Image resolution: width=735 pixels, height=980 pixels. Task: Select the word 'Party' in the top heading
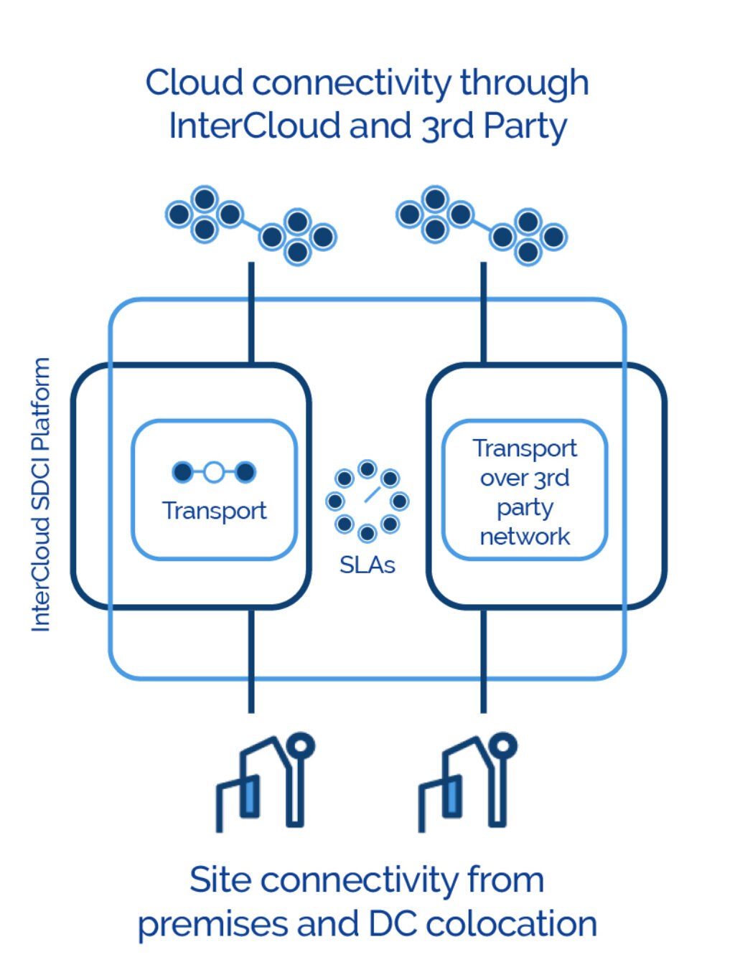525,126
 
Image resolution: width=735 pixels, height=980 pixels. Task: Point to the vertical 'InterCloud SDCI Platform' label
41,495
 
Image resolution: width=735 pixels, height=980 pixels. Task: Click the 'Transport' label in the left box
214,511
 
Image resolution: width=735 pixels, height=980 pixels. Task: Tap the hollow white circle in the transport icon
214,472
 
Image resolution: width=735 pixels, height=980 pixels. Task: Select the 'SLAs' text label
367,565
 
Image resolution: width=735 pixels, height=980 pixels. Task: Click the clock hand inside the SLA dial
371,494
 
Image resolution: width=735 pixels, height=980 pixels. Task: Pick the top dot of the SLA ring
367,469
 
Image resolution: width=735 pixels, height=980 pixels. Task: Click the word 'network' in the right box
525,537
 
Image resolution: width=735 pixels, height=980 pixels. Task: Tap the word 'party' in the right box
525,507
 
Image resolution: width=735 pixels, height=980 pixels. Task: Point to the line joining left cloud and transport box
251,312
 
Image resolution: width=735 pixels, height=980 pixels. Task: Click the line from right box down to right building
483,660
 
